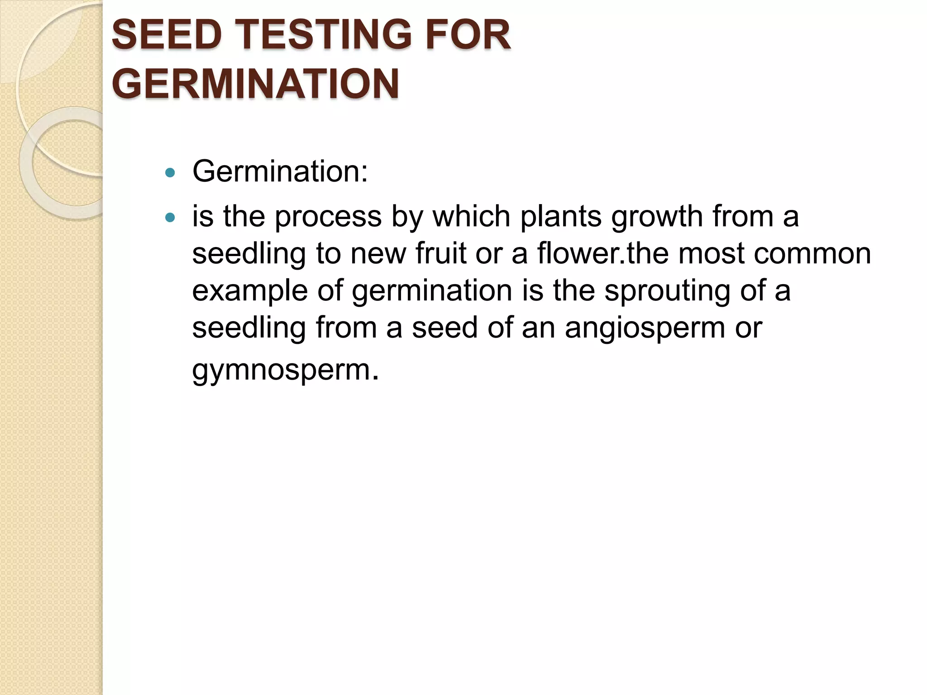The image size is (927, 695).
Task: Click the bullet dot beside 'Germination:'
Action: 170,172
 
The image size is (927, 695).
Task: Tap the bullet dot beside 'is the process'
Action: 170,218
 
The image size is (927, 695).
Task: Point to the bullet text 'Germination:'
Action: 280,171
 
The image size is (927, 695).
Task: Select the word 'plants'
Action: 561,217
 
